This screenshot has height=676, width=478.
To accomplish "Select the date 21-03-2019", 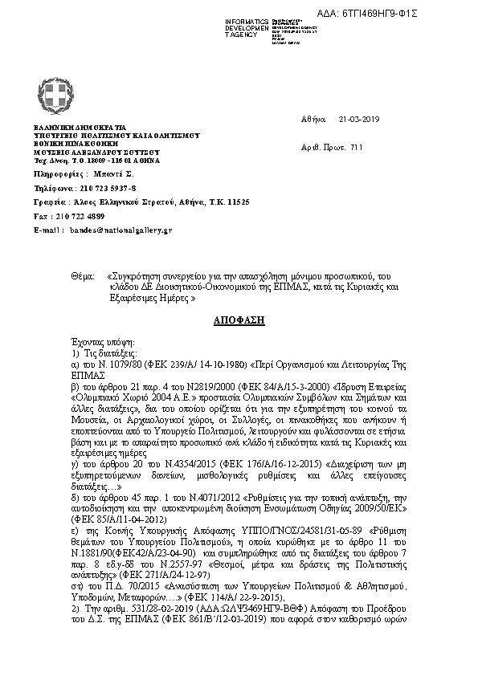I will [358, 119].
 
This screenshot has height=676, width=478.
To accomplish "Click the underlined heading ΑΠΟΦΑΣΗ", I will [239, 320].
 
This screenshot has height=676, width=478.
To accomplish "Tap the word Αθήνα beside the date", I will [313, 119].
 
